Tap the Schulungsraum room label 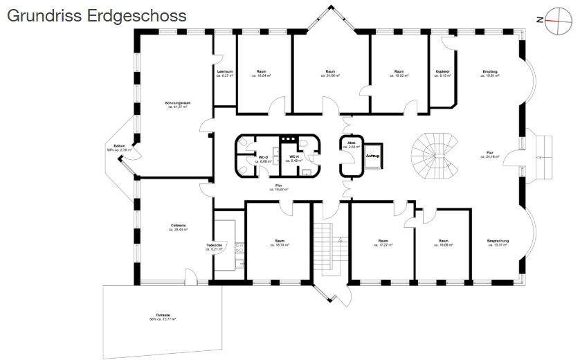[x=178, y=102]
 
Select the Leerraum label [x=224, y=71]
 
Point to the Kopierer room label [x=444, y=71]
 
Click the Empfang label [x=491, y=71]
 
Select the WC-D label [x=263, y=157]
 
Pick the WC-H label [x=293, y=157]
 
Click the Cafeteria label [x=178, y=226]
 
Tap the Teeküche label [x=214, y=245]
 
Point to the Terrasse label [x=163, y=316]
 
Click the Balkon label [x=120, y=146]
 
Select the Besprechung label [x=498, y=241]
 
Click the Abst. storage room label [x=351, y=143]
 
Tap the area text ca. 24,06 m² [x=331, y=75]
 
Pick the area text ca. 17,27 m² [x=383, y=245]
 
